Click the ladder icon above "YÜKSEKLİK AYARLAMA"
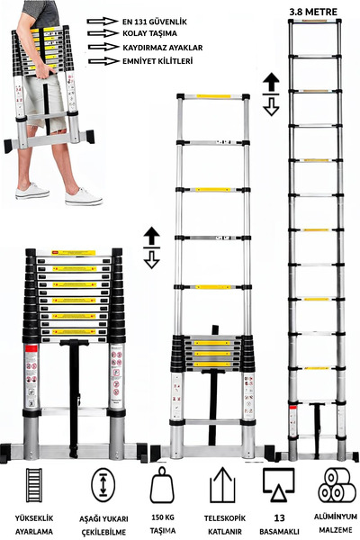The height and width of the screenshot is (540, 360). (x=35, y=486)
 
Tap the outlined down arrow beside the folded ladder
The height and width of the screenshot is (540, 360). (x=151, y=259)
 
